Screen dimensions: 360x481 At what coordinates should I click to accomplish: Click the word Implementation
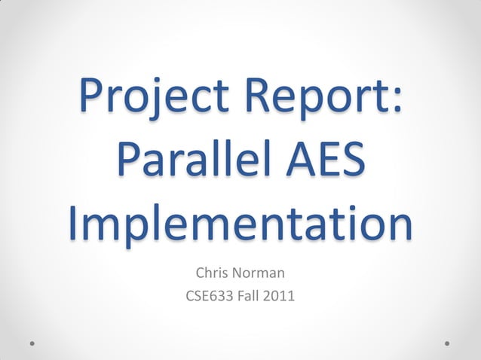240,224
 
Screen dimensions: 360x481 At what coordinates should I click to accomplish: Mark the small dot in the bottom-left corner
32,343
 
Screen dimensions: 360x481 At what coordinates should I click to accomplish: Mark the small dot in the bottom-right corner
448,343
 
